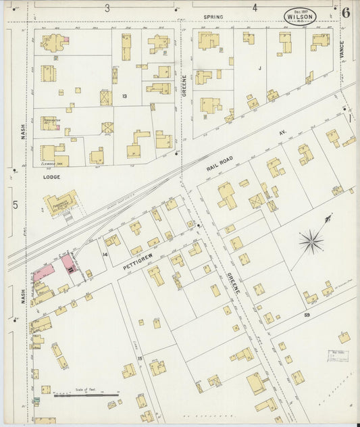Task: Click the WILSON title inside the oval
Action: click(x=299, y=18)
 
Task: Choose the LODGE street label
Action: click(x=51, y=177)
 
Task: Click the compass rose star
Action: click(x=311, y=239)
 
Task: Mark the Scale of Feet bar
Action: click(x=85, y=393)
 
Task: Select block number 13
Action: click(x=124, y=97)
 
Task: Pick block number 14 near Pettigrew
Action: click(x=104, y=254)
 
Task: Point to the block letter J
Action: click(x=259, y=68)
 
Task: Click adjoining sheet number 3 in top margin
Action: click(x=107, y=8)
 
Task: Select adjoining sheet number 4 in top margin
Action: click(x=255, y=8)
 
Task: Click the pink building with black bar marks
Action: click(x=69, y=263)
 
